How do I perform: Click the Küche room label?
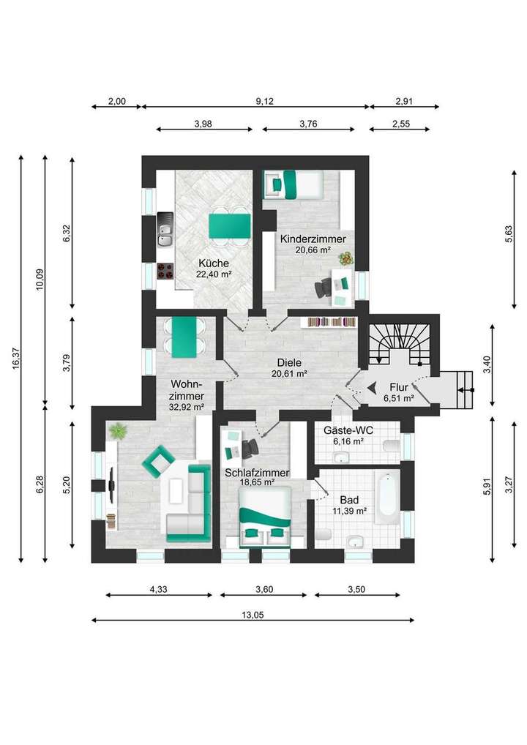click(x=214, y=263)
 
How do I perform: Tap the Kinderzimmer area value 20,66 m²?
click(x=313, y=250)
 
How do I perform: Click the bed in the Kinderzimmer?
click(x=294, y=184)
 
